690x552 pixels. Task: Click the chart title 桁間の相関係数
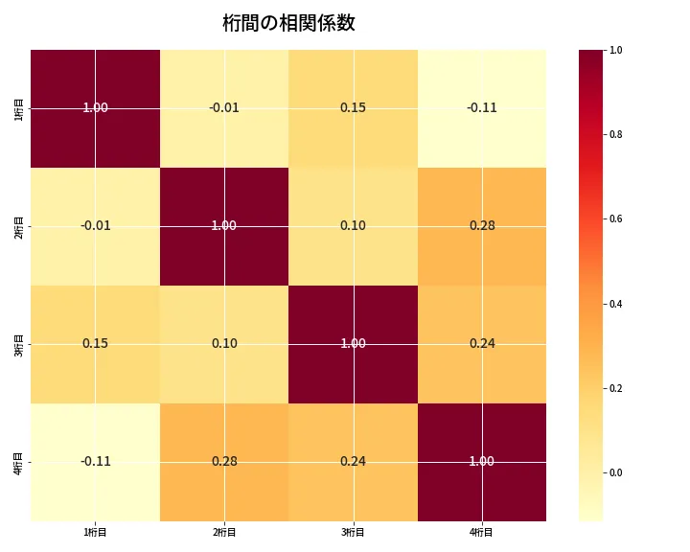tap(288, 24)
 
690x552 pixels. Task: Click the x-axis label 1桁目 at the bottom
tap(96, 532)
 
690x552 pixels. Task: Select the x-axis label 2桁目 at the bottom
tap(224, 532)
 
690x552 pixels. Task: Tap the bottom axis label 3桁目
tap(354, 532)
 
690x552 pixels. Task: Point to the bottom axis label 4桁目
tap(482, 532)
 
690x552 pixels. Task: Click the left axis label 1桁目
tap(19, 108)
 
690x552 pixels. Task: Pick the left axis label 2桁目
tap(19, 226)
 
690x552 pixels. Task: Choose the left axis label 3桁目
tap(19, 344)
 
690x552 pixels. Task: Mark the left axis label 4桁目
tap(19, 462)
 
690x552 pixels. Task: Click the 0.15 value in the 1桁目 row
tap(354, 108)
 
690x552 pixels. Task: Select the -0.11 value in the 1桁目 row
tap(482, 108)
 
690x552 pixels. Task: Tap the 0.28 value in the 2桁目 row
tap(482, 226)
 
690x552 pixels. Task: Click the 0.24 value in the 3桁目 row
tap(482, 344)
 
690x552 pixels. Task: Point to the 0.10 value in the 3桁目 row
tap(224, 344)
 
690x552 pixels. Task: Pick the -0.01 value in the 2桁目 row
tap(96, 226)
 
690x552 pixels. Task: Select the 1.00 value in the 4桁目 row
tap(482, 462)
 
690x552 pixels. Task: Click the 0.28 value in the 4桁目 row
tap(224, 462)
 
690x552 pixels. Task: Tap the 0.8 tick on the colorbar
tap(616, 134)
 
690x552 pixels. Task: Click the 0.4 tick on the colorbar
tap(616, 304)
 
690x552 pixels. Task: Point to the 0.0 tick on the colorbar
tap(616, 472)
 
